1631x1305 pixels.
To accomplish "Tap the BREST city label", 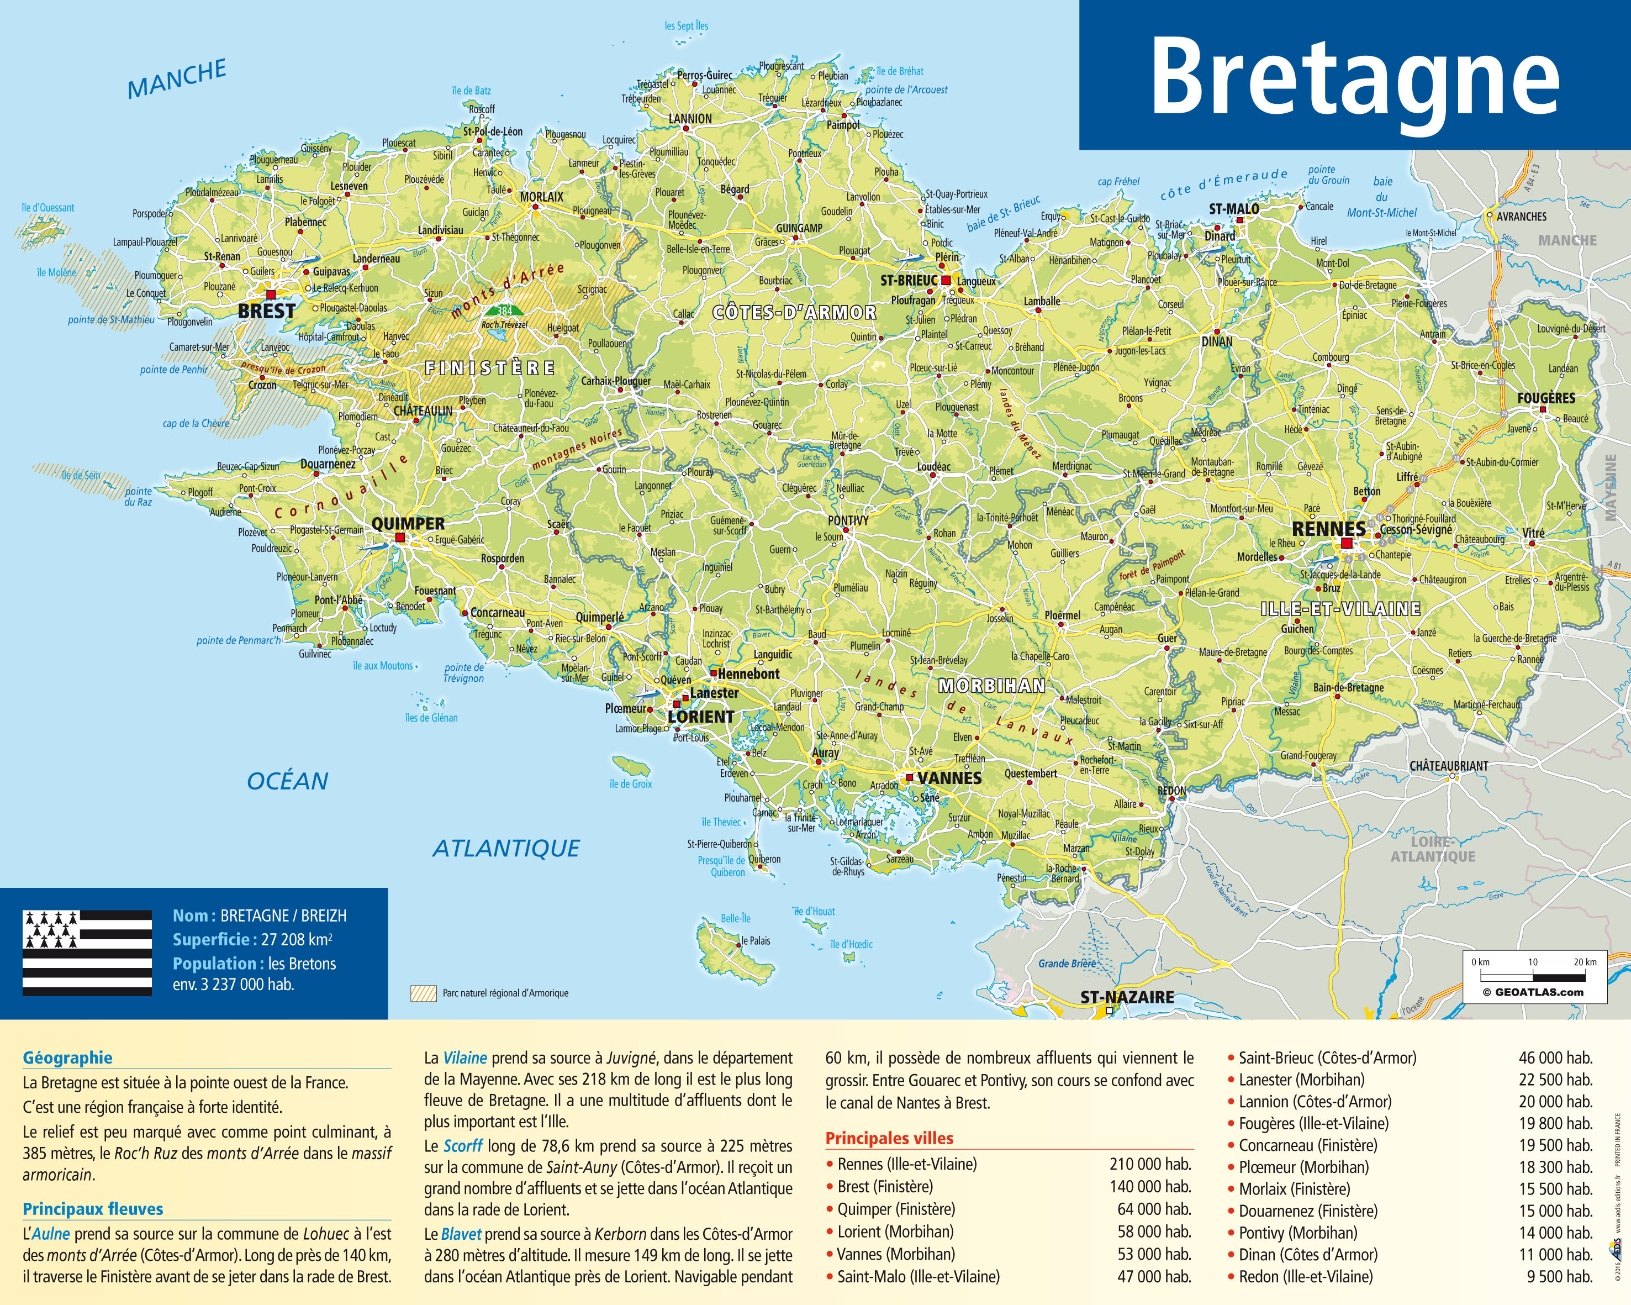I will (266, 311).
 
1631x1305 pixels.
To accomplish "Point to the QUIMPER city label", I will (408, 523).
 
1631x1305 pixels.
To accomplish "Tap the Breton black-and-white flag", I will (87, 953).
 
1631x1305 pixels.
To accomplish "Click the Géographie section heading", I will (67, 1057).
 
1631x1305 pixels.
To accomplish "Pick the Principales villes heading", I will (889, 1138).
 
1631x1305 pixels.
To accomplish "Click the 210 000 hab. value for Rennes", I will (1150, 1164).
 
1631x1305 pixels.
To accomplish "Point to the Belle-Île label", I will (735, 918).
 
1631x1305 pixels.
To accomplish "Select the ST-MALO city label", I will (1234, 209).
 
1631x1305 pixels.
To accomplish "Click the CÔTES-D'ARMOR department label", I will (794, 313).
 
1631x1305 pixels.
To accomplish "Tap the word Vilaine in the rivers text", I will (465, 1057).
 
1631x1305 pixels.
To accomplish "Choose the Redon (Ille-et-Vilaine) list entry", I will (1305, 1276).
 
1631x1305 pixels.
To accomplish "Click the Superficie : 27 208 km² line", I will (252, 940).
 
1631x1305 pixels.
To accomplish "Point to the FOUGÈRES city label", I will (1545, 398).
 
